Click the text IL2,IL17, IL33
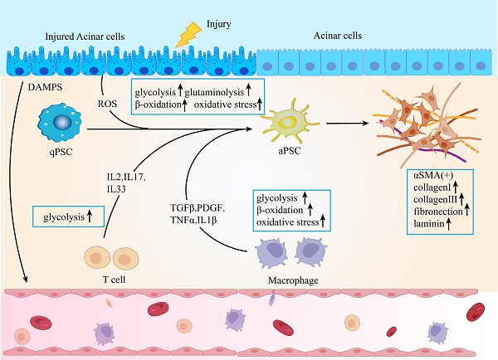125,183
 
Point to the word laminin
428,224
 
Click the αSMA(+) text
431,176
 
